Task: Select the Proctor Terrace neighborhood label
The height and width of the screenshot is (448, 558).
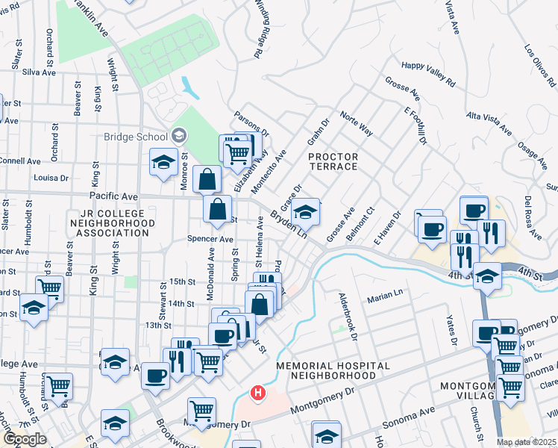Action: coord(333,161)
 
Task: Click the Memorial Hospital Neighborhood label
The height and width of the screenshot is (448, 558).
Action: coord(333,370)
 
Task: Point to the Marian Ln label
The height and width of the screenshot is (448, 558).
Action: coord(384,299)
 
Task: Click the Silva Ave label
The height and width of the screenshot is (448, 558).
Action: coord(39,72)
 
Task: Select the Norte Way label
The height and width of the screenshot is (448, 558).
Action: coord(356,123)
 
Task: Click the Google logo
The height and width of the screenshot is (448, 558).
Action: coord(25,439)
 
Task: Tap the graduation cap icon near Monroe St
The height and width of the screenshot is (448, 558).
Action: coord(163,163)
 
